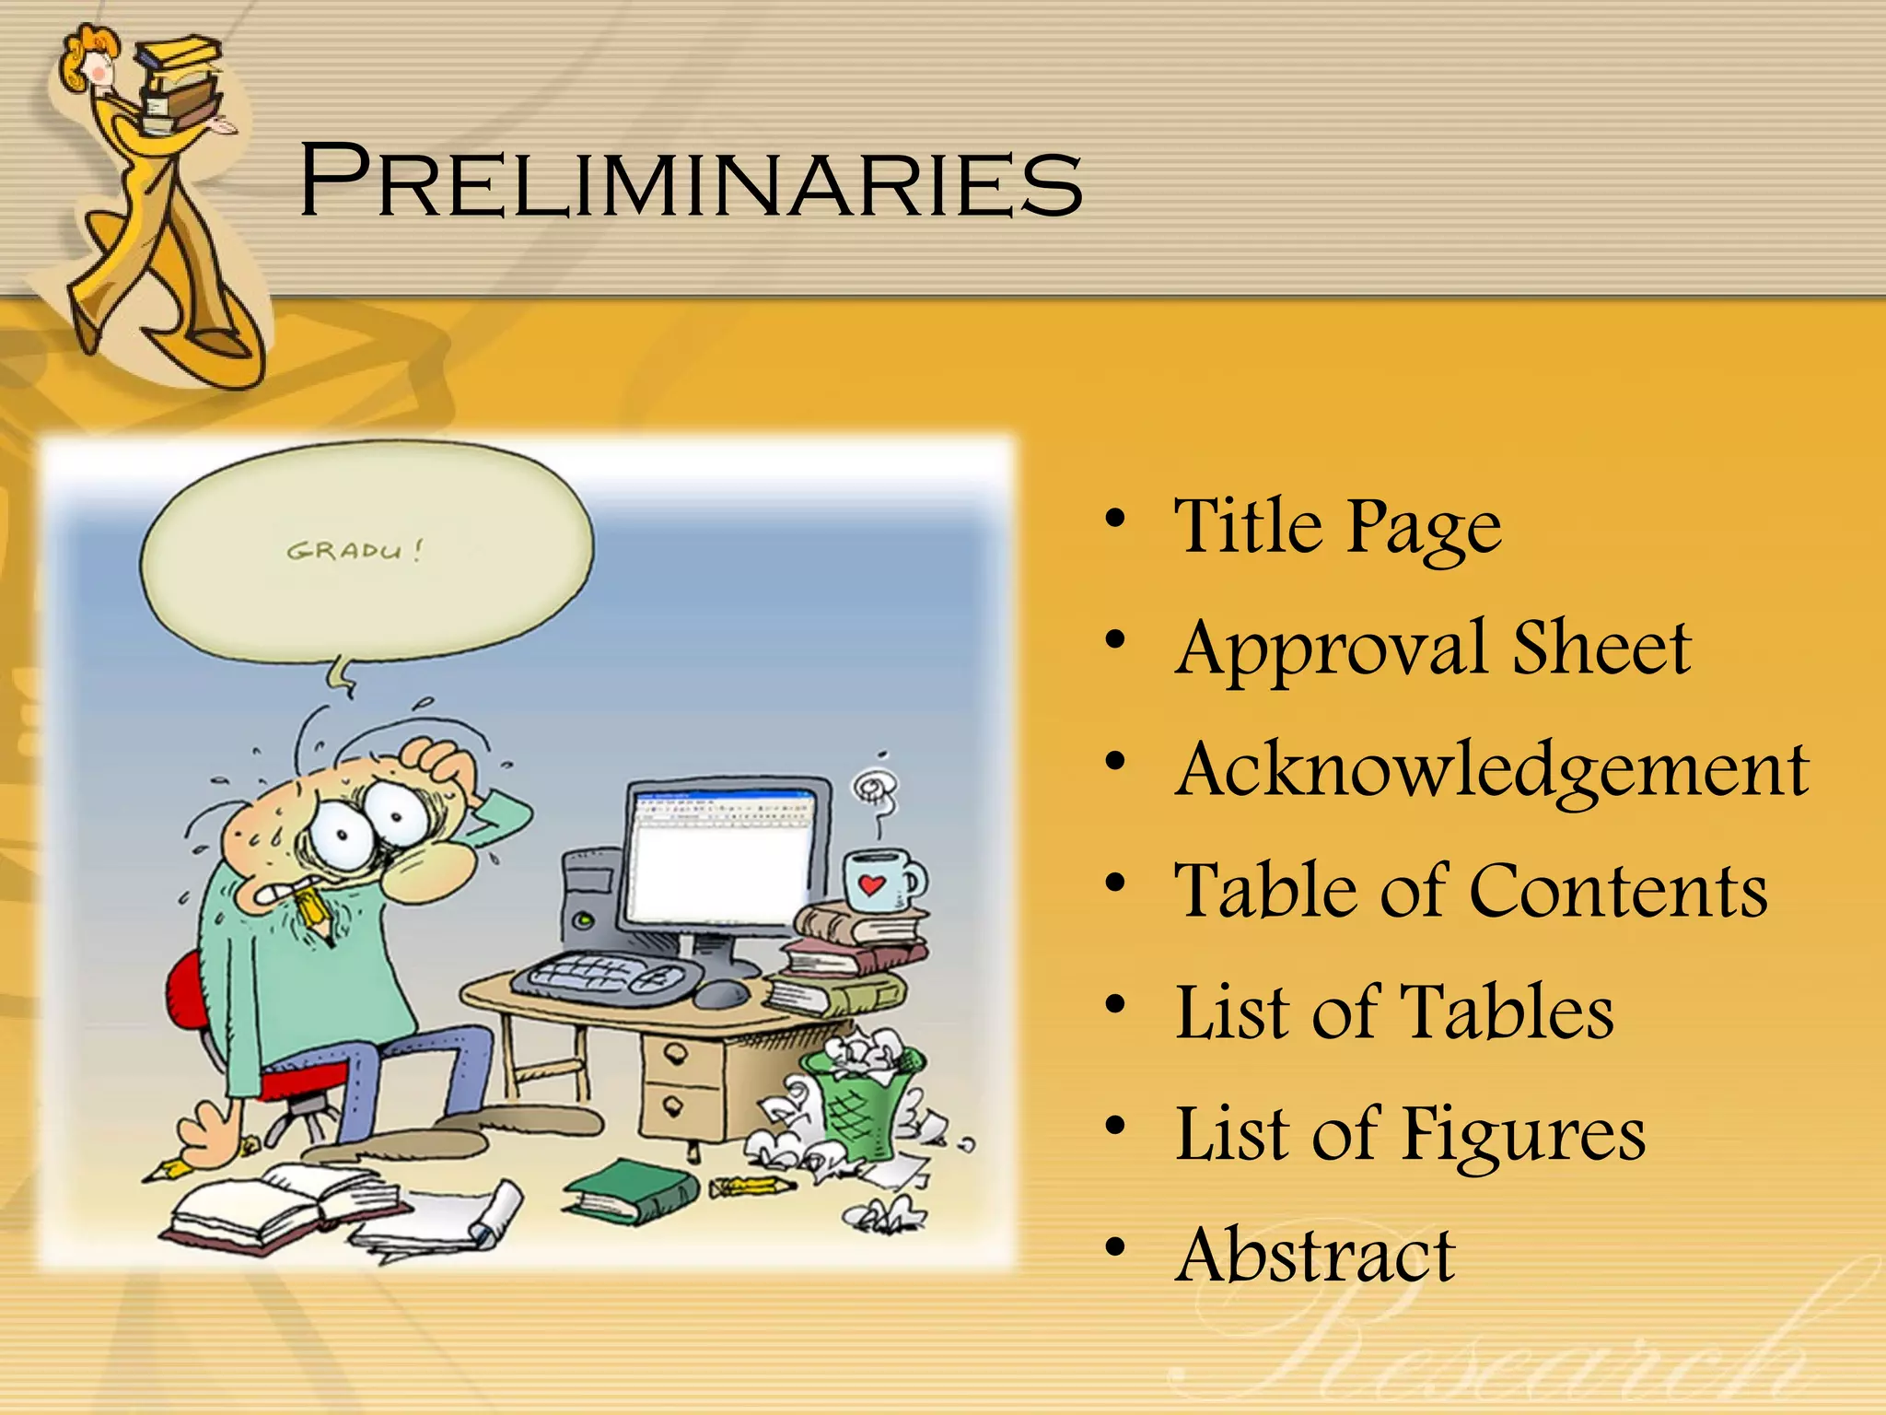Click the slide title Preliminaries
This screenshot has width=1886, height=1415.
(691, 181)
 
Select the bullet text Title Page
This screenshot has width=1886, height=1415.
(1337, 526)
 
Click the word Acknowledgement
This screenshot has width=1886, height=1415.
(1492, 770)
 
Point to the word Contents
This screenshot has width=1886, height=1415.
(1618, 891)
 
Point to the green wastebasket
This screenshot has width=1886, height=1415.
(861, 1101)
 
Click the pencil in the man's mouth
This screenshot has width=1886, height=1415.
(314, 911)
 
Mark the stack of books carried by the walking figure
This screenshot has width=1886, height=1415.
(180, 83)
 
